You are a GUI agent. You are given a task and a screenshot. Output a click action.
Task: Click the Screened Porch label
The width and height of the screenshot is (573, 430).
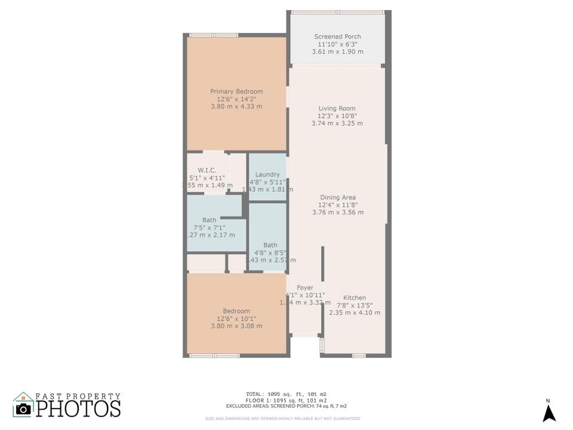(337, 37)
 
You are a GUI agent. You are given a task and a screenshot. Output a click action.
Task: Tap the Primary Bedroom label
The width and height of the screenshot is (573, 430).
(236, 91)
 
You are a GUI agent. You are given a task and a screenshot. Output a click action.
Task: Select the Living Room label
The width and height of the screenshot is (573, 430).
(337, 109)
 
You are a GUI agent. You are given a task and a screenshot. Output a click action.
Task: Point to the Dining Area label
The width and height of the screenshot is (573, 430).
(338, 198)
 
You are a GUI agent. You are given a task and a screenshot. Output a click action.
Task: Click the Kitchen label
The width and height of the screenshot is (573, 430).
(355, 298)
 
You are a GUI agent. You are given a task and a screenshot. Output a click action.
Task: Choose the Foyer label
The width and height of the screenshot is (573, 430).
(305, 288)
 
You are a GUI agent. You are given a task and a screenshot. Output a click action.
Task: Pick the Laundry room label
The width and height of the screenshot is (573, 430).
(267, 175)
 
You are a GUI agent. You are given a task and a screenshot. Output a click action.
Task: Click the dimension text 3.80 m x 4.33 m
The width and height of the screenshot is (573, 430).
(236, 106)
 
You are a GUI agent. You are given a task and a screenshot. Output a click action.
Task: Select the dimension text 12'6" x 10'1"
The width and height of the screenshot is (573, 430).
(236, 318)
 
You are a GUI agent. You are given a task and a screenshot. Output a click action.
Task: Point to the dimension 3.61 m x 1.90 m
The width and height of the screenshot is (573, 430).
(337, 52)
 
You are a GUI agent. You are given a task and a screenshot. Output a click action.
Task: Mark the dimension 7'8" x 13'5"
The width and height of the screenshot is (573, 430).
(355, 305)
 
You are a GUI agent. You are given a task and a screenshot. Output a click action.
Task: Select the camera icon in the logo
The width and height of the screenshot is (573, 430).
(23, 408)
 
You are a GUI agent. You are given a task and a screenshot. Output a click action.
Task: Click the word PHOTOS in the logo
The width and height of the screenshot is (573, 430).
(79, 408)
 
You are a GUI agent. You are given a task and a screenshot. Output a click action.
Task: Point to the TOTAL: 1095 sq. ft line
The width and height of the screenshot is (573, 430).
(286, 394)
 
